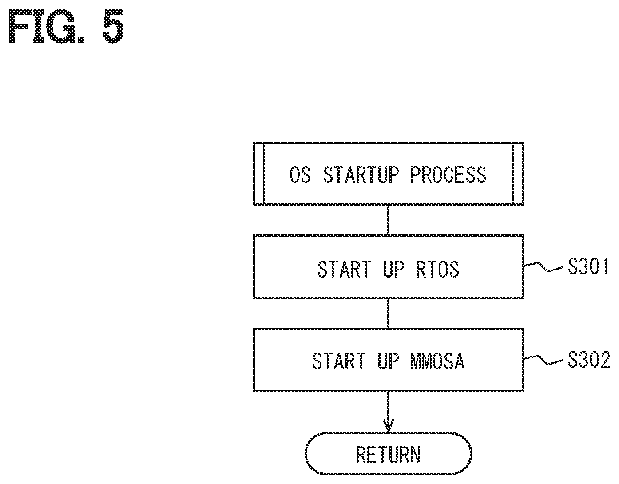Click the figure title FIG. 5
pyautogui.click(x=66, y=26)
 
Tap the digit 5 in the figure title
pyautogui.click(x=113, y=26)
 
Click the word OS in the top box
pyautogui.click(x=300, y=175)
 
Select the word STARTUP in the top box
pyautogui.click(x=361, y=175)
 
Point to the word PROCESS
pyautogui.click(x=448, y=175)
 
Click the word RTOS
pyautogui.click(x=437, y=269)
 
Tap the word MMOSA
pyautogui.click(x=437, y=361)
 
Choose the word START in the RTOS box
pyautogui.click(x=344, y=269)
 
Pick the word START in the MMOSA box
pyautogui.click(x=339, y=361)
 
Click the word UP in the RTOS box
pyautogui.click(x=393, y=269)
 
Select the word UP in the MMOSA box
pyautogui.click(x=388, y=361)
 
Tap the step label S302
pyautogui.click(x=589, y=359)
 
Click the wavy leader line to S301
pyautogui.click(x=544, y=267)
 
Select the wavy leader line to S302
pyautogui.click(x=544, y=361)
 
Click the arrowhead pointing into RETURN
pyautogui.click(x=388, y=426)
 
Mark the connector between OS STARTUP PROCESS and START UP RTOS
pyautogui.click(x=388, y=220)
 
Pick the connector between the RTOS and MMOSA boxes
pyautogui.click(x=388, y=313)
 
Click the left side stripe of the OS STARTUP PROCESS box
pyautogui.click(x=258, y=174)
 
